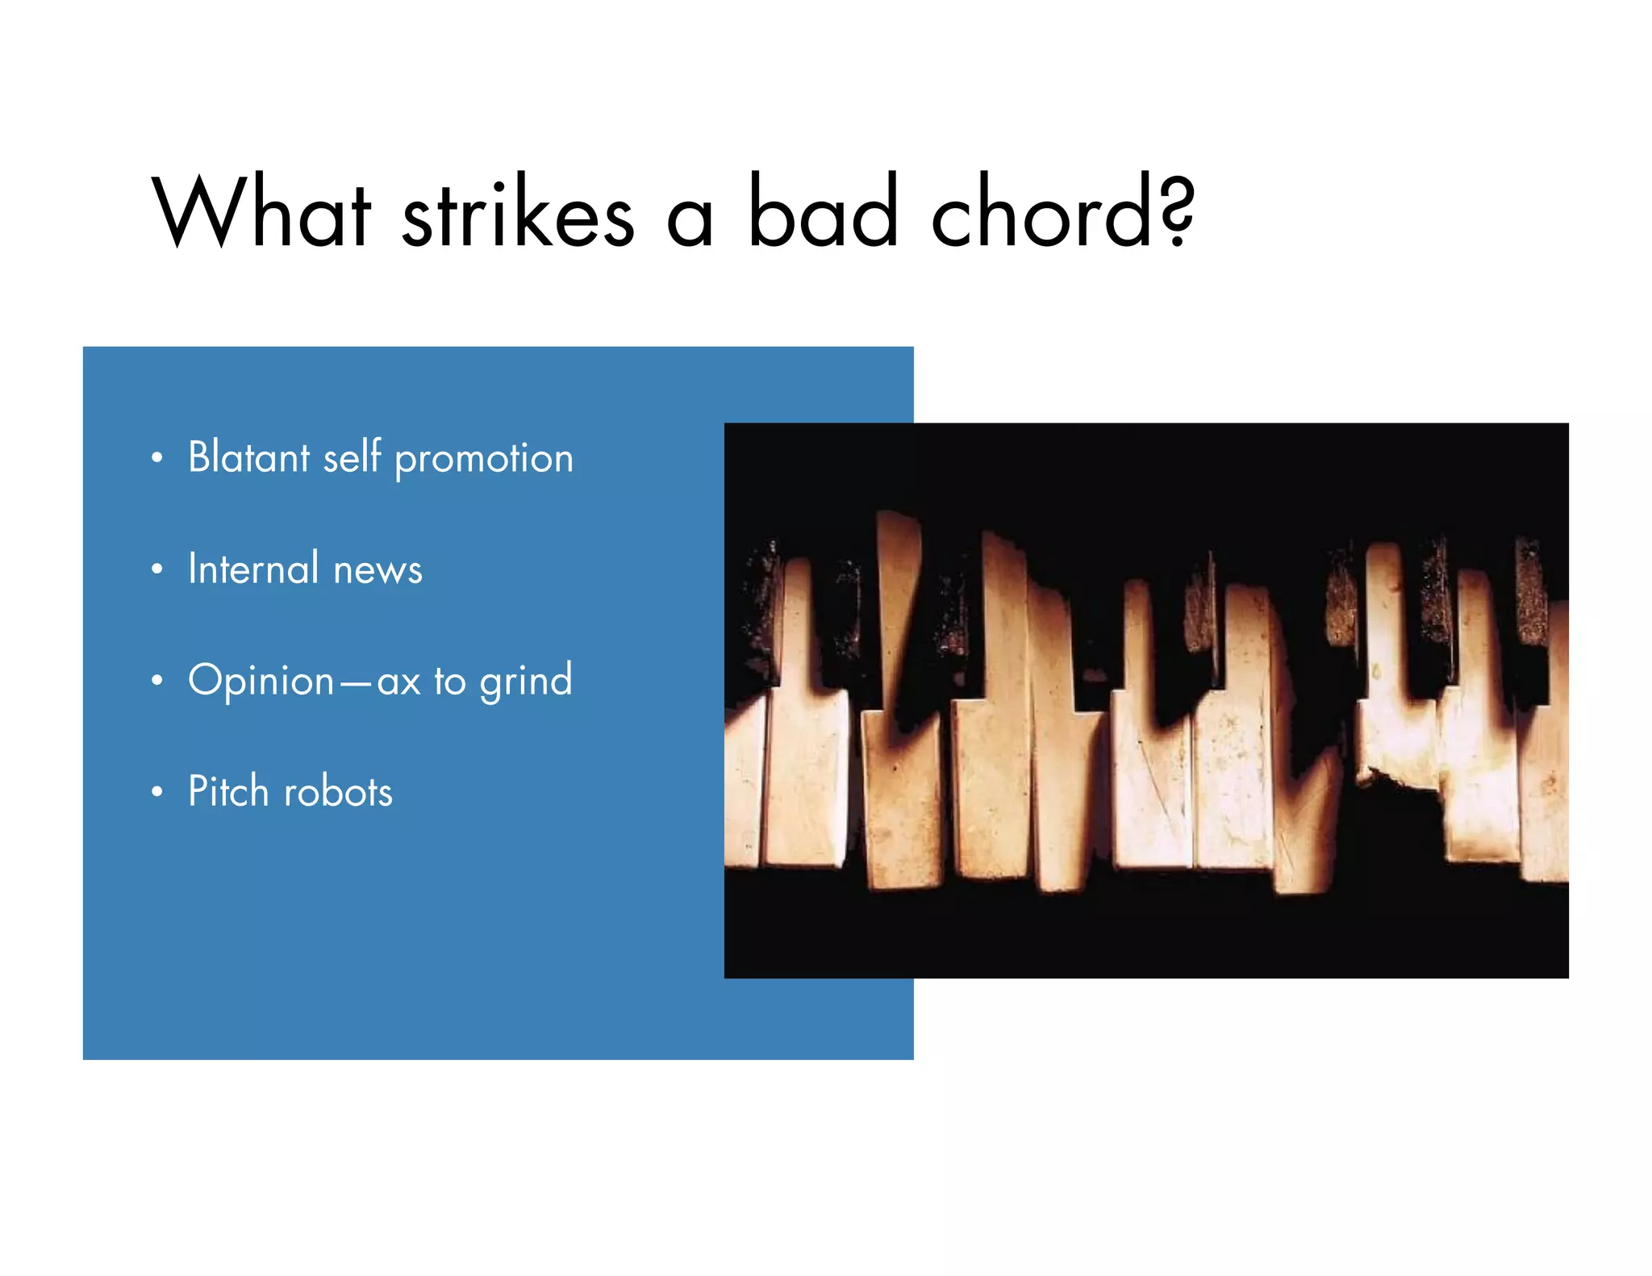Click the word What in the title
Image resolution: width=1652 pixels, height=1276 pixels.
tap(261, 211)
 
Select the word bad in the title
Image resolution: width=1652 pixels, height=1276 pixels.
tap(822, 211)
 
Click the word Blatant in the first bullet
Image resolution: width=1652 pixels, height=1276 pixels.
tap(248, 457)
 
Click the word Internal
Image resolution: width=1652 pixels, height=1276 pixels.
tap(253, 569)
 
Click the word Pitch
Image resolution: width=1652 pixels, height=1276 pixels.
tap(227, 791)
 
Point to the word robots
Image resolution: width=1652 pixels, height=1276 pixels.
tap(338, 792)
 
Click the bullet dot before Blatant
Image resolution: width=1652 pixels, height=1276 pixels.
tap(157, 458)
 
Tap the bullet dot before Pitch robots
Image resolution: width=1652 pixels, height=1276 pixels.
tap(157, 792)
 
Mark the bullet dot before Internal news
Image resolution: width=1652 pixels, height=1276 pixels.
tap(157, 569)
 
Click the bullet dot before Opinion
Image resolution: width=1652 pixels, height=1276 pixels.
tap(157, 681)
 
